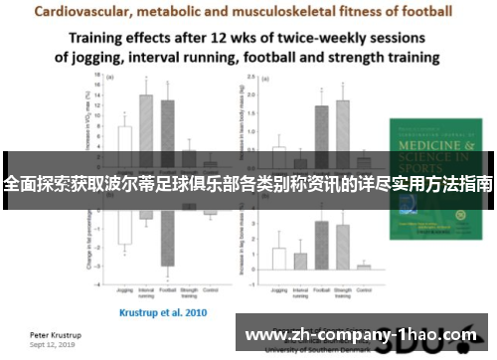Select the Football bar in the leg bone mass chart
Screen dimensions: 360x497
(x=321, y=245)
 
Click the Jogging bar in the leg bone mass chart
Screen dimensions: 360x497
(x=279, y=258)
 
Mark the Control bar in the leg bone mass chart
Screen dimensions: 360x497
(x=364, y=266)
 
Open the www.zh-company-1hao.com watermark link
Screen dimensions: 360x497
(x=361, y=335)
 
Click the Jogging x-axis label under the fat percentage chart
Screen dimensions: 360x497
(x=125, y=291)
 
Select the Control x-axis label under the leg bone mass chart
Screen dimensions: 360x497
(x=364, y=291)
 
